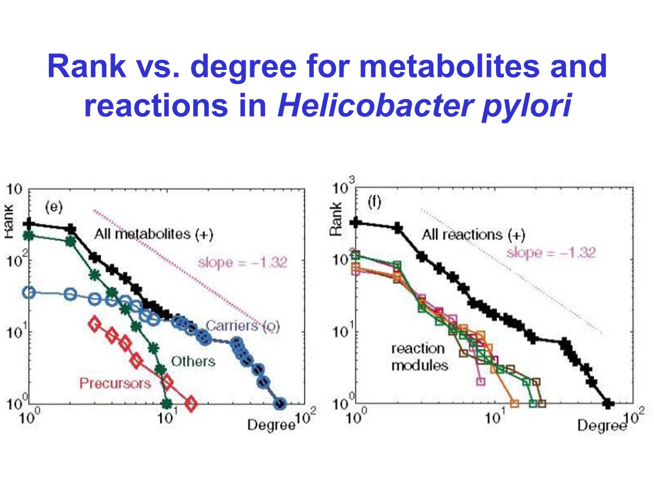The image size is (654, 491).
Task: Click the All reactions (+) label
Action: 474,234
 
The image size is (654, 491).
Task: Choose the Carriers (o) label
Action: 242,326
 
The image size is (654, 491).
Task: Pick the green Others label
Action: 193,361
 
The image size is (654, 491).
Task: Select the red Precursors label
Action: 115,382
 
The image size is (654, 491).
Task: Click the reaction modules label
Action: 419,357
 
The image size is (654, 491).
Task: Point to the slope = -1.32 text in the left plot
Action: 242,263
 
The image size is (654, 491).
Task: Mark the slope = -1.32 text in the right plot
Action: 550,252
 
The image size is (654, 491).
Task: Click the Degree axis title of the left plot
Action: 271,424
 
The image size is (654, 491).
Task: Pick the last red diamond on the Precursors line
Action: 191,404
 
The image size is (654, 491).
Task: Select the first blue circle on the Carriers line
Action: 29,293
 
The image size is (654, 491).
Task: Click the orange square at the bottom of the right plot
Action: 514,404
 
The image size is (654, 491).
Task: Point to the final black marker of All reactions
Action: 609,403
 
